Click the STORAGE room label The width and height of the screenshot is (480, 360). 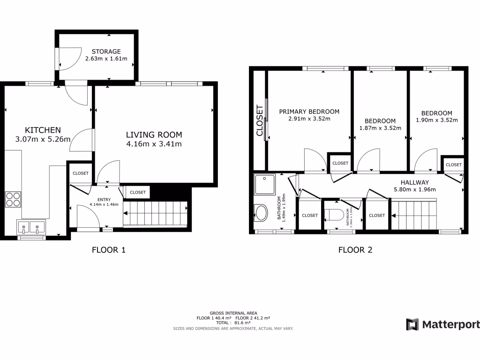tap(106, 52)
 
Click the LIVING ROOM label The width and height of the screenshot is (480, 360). tap(153, 135)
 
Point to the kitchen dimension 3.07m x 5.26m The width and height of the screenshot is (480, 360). tap(43, 139)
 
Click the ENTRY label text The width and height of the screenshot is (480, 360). tap(104, 200)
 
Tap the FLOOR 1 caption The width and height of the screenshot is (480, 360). tap(108, 250)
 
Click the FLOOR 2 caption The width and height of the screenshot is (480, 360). tap(355, 250)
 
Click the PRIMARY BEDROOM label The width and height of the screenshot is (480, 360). tap(309, 112)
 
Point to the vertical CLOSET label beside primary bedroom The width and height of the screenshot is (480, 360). tap(260, 121)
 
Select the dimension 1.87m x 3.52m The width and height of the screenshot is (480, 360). tap(380, 127)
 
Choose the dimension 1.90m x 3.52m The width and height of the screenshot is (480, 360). tap(436, 120)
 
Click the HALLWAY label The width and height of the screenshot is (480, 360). tap(414, 182)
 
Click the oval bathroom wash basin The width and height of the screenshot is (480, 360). tap(262, 213)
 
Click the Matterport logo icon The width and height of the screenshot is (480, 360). tap(412, 324)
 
